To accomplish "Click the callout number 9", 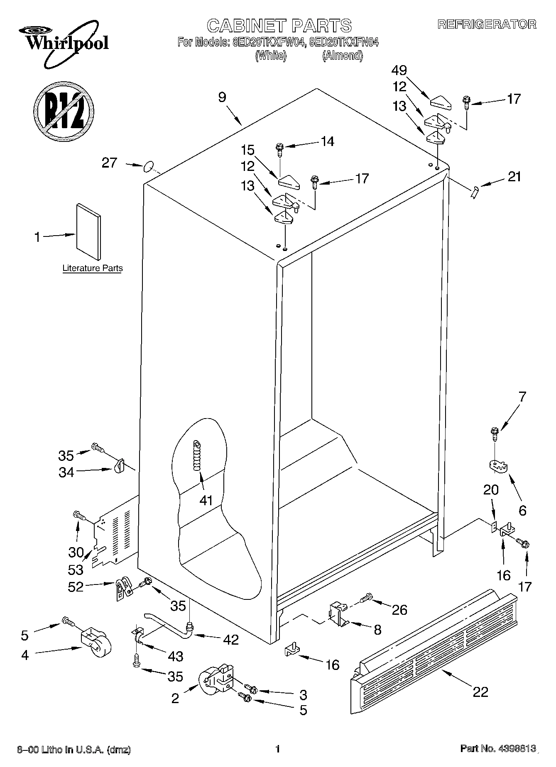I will tap(222, 97).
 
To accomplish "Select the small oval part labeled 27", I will tap(147, 168).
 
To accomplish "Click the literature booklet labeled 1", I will tap(88, 234).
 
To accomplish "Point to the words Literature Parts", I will tap(93, 268).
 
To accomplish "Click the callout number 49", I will tap(399, 71).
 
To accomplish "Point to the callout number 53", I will tap(76, 570).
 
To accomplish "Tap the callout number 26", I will tap(399, 609).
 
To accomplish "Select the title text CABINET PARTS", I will tap(279, 25).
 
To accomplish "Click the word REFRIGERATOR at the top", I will tap(487, 24).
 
